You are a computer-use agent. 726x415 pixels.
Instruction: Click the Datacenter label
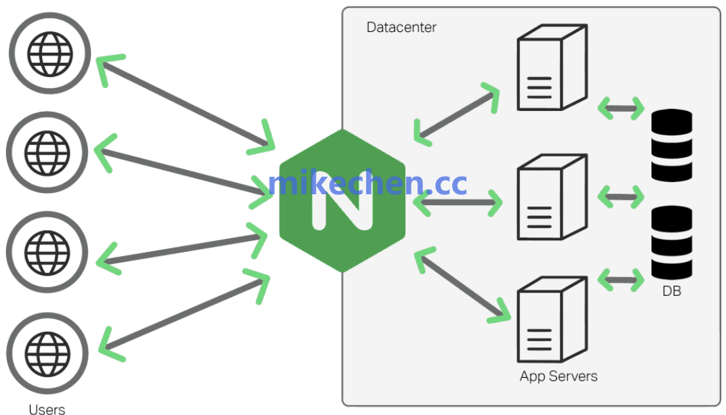tap(401, 28)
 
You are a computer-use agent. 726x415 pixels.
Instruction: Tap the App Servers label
tap(559, 376)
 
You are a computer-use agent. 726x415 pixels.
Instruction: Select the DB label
tap(672, 292)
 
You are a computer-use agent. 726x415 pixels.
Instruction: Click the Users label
tap(47, 409)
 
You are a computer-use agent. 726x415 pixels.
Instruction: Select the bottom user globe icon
tap(47, 351)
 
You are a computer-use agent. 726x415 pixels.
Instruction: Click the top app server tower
tap(551, 68)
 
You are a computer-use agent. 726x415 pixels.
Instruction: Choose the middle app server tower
tap(551, 197)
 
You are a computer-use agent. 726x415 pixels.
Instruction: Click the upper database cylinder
tap(672, 145)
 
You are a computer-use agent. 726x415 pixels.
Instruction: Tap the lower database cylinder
tap(672, 242)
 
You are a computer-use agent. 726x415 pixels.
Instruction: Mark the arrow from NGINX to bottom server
tap(461, 284)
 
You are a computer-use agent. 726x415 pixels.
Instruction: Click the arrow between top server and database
tap(621, 108)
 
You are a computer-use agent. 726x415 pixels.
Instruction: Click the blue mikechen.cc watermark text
tap(367, 183)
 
